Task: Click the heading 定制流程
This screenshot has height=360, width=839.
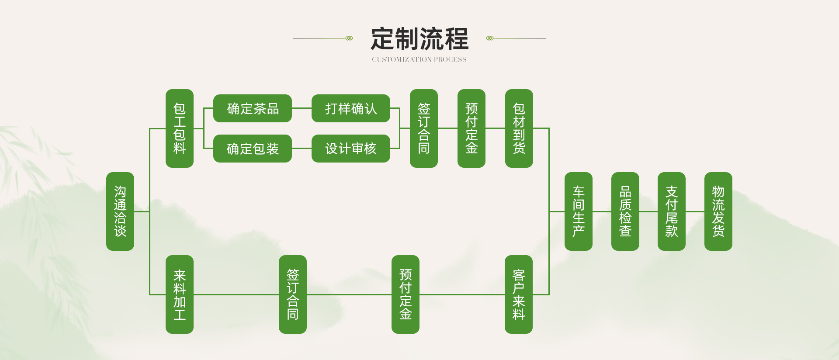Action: pyautogui.click(x=419, y=39)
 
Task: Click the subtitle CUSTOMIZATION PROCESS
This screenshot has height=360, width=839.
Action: pyautogui.click(x=419, y=59)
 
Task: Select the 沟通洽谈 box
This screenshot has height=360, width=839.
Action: pyautogui.click(x=120, y=211)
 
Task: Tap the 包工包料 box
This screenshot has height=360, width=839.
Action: pyautogui.click(x=180, y=128)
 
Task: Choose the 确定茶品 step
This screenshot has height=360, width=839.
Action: pyautogui.click(x=253, y=108)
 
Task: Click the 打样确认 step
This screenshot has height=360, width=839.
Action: pyautogui.click(x=350, y=108)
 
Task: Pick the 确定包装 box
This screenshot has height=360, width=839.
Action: pyautogui.click(x=253, y=149)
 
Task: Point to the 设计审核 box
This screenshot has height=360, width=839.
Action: pyautogui.click(x=350, y=149)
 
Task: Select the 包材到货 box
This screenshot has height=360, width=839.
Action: pyautogui.click(x=519, y=128)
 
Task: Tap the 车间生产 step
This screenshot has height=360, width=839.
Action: pyautogui.click(x=579, y=211)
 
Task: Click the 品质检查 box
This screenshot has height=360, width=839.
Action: pyautogui.click(x=625, y=211)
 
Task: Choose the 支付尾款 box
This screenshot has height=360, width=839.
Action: pyautogui.click(x=672, y=211)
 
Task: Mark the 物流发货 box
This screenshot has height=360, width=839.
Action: pyautogui.click(x=718, y=211)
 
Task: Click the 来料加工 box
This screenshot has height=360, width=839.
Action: pyautogui.click(x=180, y=294)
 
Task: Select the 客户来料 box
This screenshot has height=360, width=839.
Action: pyautogui.click(x=519, y=294)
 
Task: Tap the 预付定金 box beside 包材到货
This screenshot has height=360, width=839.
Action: pyautogui.click(x=472, y=128)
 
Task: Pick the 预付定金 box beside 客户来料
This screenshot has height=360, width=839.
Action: pyautogui.click(x=406, y=294)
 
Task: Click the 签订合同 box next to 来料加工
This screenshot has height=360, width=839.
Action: pyautogui.click(x=293, y=294)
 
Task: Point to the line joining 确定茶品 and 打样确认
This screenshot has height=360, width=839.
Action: pyautogui.click(x=302, y=108)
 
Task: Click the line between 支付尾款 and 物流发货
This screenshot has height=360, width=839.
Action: pyautogui.click(x=695, y=211)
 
